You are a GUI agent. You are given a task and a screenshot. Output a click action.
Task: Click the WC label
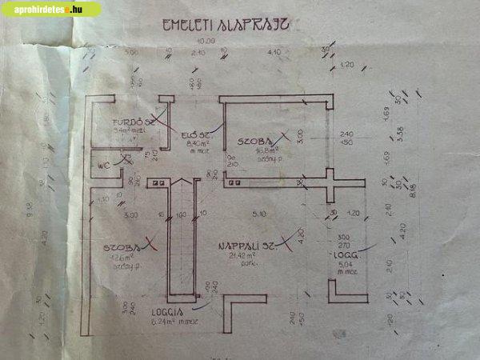(x=104, y=166)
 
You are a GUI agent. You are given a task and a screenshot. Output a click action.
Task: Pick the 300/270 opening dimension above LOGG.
(x=345, y=242)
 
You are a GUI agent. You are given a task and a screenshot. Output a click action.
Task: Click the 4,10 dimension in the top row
(x=274, y=53)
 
